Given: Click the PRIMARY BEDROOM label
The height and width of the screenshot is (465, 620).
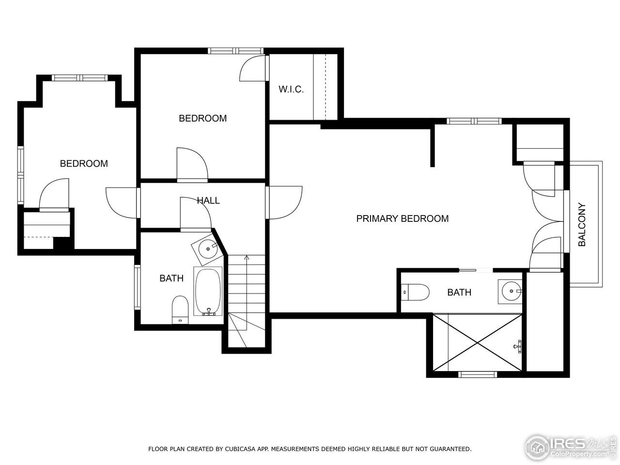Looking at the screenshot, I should coord(402,218).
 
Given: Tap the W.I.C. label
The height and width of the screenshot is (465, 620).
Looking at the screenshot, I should coord(291,90).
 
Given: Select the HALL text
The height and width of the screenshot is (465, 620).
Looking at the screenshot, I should coord(208,201).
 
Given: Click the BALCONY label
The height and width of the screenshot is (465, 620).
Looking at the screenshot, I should coord(582,224).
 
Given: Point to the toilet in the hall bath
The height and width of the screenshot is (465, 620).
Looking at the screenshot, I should coord(180,309).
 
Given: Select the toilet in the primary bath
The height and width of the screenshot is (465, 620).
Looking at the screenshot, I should coord(416,292).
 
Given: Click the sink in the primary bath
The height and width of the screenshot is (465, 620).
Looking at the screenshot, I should coord(511,292).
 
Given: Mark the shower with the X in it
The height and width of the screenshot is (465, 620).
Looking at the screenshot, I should coord(478,342).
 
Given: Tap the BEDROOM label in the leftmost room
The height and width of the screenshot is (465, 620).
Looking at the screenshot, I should coord(84,164).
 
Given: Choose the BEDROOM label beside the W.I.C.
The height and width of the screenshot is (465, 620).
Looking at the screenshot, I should coord(202,118).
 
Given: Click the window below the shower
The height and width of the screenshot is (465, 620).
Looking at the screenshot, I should coord(478,374).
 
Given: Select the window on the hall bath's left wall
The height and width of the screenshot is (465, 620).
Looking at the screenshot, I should coord(138,287).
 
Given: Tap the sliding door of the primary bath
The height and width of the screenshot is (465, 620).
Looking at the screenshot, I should coord(475,270).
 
